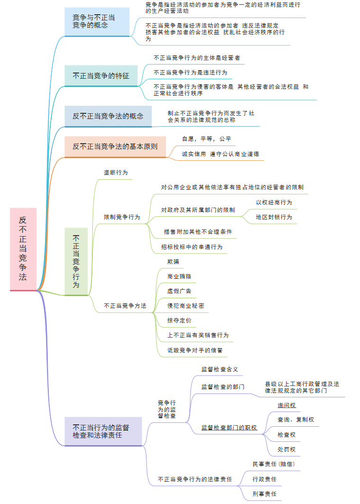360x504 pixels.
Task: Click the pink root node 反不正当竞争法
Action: click(23, 249)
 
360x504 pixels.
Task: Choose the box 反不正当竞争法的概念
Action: click(108, 116)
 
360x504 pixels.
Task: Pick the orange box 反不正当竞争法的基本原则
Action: click(115, 147)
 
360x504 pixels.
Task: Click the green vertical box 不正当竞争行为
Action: click(76, 261)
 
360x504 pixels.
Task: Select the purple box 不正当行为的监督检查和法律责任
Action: click(103, 431)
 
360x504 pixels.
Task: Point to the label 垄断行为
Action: click(116, 173)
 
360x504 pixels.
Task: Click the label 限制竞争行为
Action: click(122, 217)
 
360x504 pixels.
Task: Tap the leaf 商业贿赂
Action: click(179, 276)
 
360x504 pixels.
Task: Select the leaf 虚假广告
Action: click(179, 291)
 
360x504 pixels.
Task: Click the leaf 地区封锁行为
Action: click(274, 217)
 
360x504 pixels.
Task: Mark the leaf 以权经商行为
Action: click(274, 202)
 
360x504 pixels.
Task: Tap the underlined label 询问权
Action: click(287, 405)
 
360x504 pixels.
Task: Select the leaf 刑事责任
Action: click(264, 494)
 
